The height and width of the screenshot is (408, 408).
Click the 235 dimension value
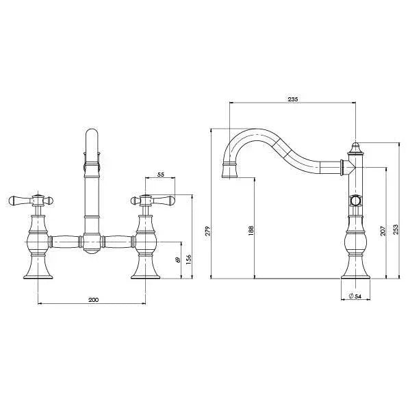[293, 99]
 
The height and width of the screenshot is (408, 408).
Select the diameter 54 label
[355, 296]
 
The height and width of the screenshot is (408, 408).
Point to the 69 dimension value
[177, 262]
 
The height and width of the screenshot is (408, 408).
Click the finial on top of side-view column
[355, 146]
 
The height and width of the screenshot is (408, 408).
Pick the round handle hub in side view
[355, 201]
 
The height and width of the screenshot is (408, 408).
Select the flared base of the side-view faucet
[355, 272]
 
